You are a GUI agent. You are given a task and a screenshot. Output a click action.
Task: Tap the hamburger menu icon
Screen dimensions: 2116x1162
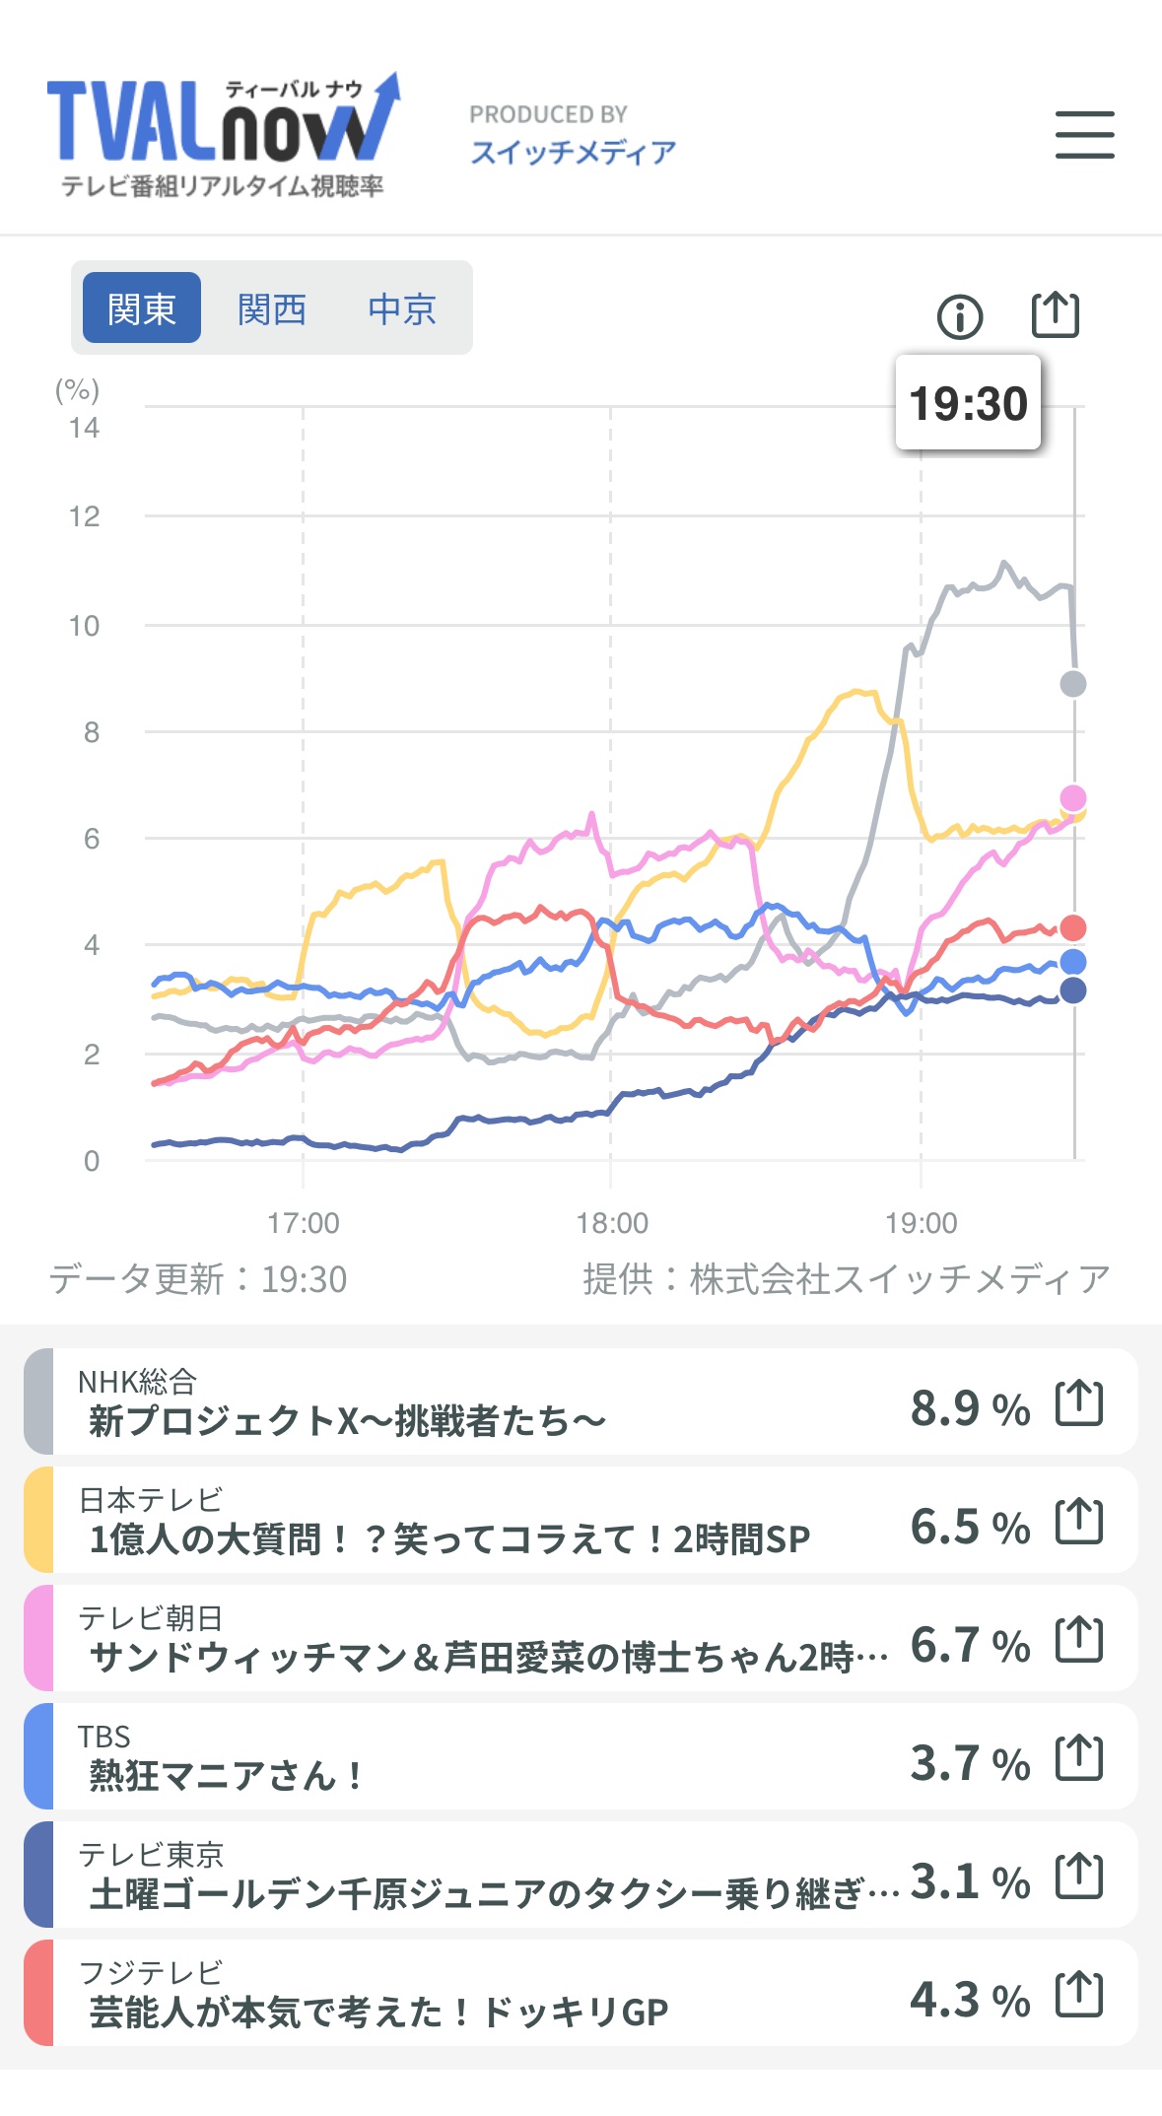[1084, 135]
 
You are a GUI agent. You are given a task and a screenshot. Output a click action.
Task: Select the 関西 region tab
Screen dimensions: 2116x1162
[272, 308]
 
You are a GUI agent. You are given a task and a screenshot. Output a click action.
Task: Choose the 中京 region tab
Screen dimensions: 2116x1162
[402, 308]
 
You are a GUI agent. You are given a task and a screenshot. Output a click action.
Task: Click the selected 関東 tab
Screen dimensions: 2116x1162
[142, 308]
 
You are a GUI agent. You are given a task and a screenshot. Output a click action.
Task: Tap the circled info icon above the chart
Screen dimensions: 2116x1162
[959, 316]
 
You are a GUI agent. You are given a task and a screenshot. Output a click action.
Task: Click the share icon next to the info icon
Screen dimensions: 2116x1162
[1055, 315]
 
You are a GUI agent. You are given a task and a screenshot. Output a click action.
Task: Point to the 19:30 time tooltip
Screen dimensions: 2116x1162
[968, 403]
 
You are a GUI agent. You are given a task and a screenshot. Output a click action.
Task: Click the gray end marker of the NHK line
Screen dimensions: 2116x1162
[1072, 683]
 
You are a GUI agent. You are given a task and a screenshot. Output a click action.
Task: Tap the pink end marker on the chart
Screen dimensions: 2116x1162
[1072, 797]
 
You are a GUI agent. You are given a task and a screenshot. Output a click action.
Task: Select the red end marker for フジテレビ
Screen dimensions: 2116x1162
[1072, 927]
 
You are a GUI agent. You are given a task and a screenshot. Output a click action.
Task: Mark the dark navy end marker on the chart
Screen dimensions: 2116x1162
[1072, 990]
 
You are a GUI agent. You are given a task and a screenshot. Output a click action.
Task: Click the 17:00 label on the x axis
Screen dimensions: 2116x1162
[303, 1223]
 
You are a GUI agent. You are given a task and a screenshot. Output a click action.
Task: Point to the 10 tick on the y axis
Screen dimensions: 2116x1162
[85, 626]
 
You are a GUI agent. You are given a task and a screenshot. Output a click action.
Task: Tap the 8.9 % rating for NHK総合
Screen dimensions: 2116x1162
[970, 1408]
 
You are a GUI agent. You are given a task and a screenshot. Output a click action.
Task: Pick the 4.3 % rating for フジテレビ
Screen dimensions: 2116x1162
[970, 2000]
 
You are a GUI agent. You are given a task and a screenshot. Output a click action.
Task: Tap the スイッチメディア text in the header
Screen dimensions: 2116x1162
[573, 152]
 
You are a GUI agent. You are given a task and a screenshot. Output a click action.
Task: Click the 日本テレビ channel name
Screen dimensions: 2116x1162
[151, 1499]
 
